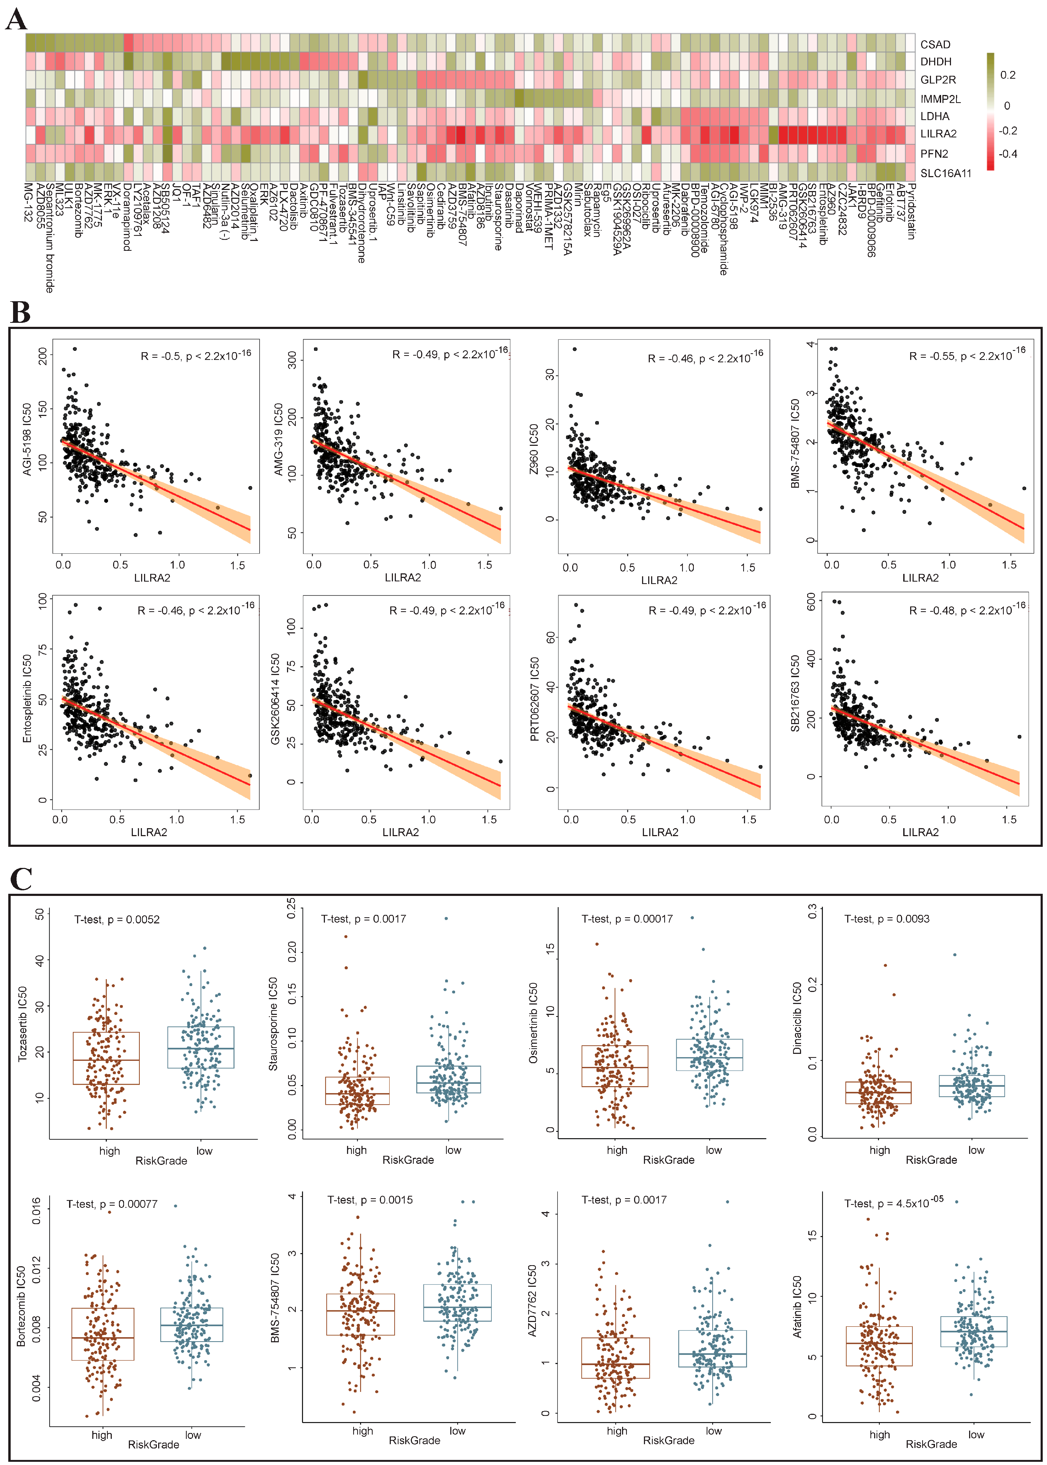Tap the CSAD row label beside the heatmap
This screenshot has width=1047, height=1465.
point(935,45)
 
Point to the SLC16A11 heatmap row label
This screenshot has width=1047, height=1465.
point(945,173)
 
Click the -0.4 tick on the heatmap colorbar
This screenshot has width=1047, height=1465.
point(1008,154)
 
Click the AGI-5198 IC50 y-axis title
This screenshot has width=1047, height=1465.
point(27,440)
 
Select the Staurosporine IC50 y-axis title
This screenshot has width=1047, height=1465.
point(273,1024)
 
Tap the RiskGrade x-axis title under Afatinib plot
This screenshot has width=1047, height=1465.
point(931,1444)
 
